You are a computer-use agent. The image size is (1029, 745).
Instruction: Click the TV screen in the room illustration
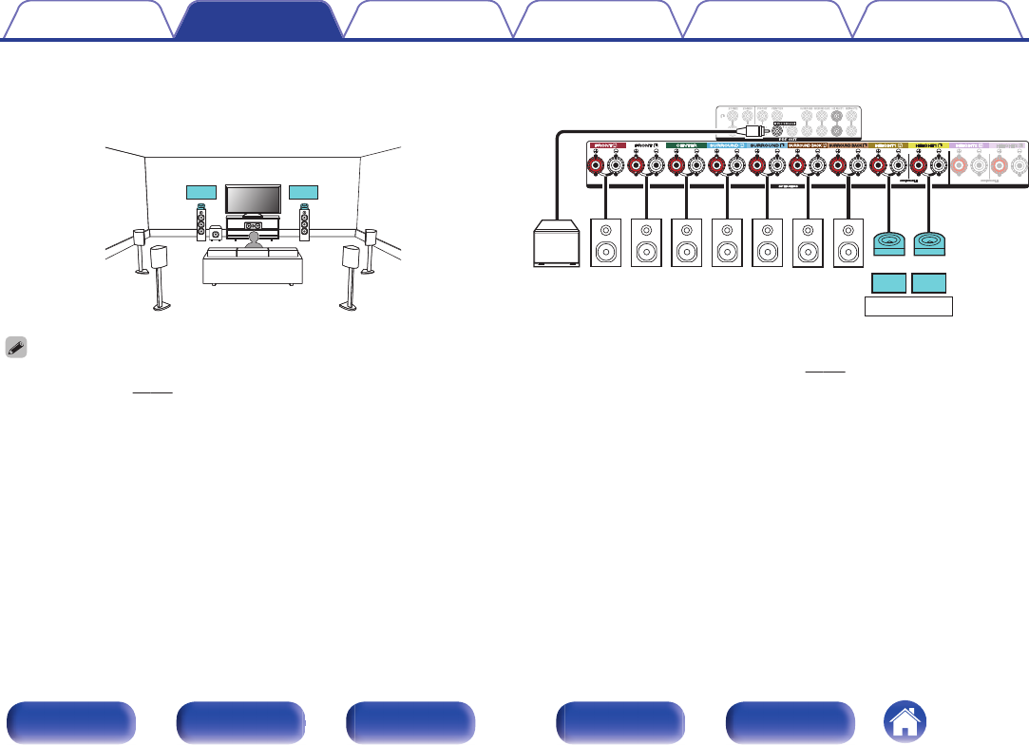point(253,200)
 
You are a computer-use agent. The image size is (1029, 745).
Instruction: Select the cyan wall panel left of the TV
point(202,193)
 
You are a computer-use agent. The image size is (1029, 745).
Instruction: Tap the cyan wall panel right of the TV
point(303,193)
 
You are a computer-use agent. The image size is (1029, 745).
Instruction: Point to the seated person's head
point(253,240)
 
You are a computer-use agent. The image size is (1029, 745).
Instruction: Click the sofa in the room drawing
point(253,268)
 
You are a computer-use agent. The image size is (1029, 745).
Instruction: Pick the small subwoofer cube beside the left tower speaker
point(218,231)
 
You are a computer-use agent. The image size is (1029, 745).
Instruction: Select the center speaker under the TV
point(253,226)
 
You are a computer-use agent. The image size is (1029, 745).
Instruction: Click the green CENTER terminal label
point(685,145)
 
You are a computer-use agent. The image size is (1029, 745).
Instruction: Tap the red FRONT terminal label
point(604,145)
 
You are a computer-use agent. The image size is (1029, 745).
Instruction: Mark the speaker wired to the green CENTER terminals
point(686,242)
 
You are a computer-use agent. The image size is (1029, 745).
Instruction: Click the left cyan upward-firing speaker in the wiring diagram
point(889,244)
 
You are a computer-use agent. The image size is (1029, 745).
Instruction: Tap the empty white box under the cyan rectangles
point(908,306)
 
